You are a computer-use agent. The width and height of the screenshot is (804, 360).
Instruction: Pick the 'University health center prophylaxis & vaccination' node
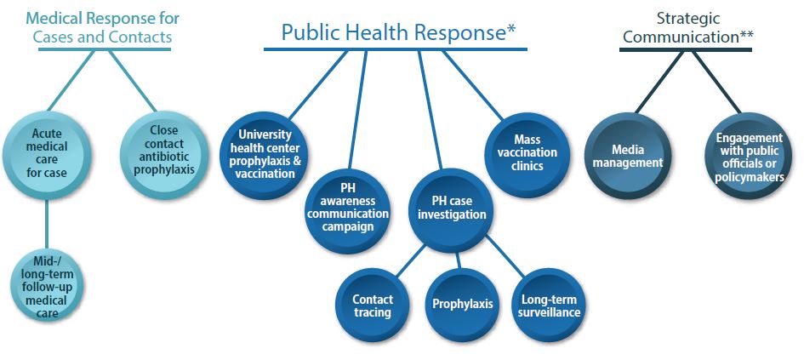click(266, 154)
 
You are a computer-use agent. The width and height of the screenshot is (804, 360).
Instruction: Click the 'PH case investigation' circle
click(452, 208)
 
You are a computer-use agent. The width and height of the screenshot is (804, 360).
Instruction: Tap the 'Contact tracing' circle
click(373, 306)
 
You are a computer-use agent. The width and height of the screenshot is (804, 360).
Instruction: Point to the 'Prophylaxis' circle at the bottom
click(462, 304)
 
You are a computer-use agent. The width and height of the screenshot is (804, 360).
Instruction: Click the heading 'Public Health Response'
click(393, 32)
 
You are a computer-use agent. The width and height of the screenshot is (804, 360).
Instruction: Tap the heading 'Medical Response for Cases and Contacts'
click(102, 26)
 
